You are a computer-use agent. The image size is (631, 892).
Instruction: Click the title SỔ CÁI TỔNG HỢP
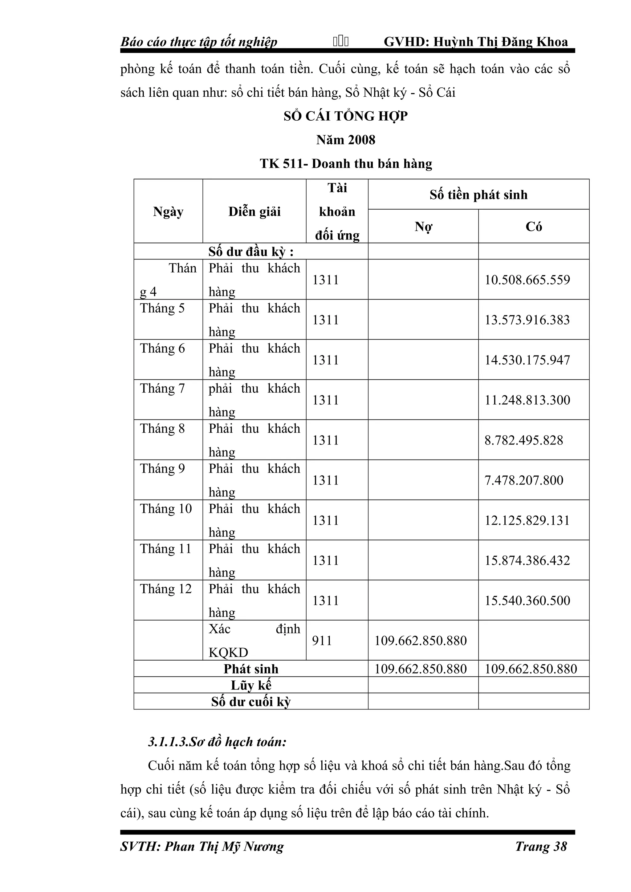345,116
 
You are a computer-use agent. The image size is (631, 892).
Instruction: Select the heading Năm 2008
345,140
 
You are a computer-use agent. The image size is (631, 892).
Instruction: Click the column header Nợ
423,227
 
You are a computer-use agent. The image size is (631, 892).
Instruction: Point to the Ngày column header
168,212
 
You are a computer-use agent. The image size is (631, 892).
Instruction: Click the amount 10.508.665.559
527,280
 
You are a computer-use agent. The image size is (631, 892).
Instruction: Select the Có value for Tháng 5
527,320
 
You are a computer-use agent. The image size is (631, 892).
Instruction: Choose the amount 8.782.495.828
524,440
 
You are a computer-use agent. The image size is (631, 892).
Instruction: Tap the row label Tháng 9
162,468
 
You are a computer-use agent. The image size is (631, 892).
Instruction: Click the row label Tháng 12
166,589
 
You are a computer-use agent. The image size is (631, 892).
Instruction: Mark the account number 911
322,640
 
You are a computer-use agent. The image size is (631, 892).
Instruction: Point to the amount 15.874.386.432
527,560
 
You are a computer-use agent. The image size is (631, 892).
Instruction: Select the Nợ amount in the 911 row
421,640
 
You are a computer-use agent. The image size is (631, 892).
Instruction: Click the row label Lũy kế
251,685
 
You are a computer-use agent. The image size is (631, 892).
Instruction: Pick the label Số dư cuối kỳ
251,702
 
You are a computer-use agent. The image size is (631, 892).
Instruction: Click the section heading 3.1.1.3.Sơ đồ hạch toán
217,742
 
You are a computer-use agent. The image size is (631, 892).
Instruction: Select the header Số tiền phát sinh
478,195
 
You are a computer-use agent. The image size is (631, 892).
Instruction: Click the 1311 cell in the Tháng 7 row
325,400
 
